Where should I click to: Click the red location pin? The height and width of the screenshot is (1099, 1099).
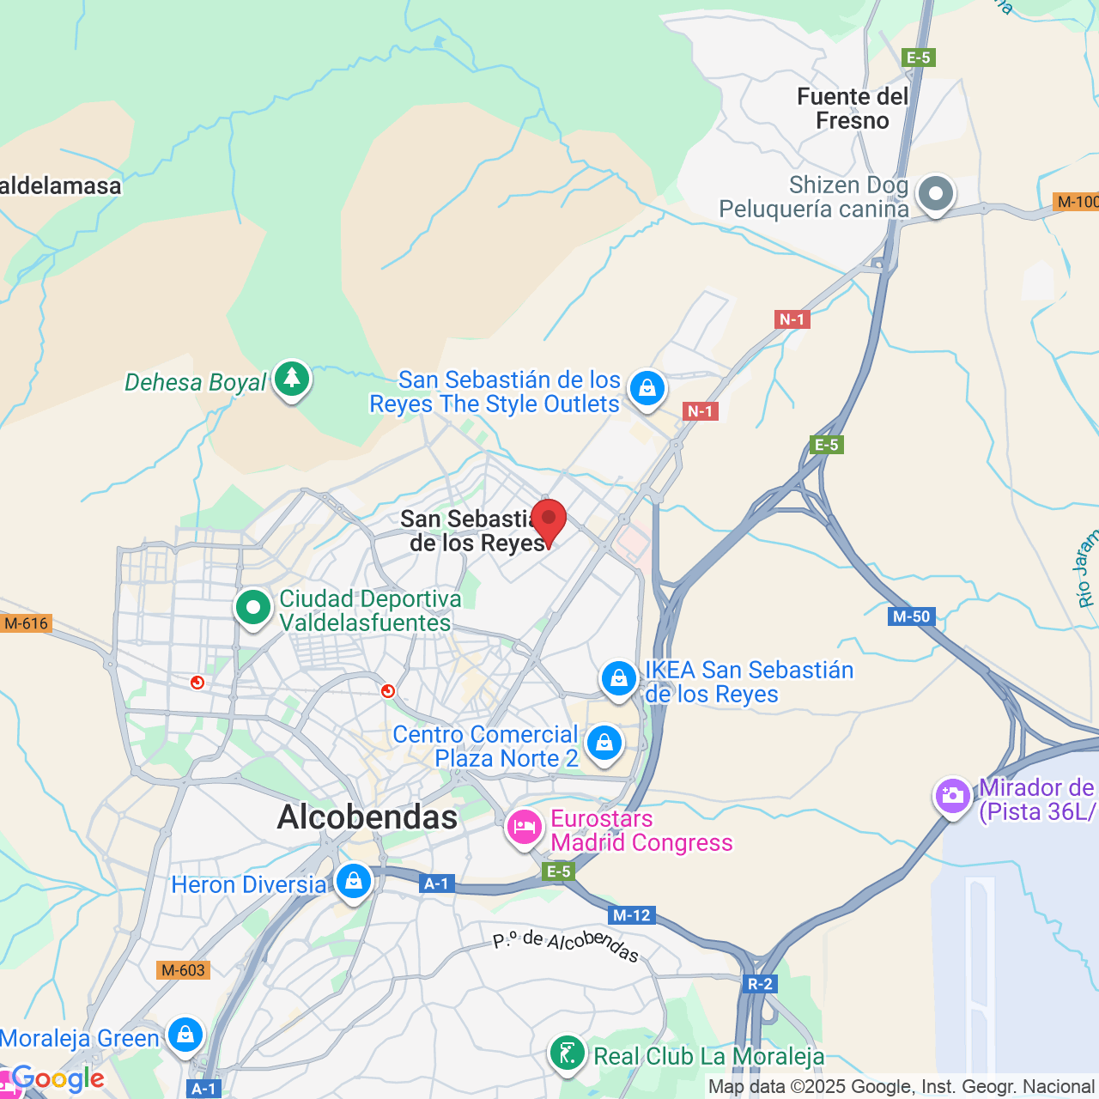click(549, 520)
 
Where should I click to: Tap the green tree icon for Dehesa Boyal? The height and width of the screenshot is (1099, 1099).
click(292, 379)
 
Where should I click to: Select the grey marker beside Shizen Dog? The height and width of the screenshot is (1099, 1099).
click(935, 194)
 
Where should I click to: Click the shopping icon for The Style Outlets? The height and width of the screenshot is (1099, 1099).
click(647, 389)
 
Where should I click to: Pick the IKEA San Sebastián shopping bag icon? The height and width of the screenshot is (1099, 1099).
click(618, 679)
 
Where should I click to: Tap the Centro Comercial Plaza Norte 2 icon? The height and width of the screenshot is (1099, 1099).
click(604, 743)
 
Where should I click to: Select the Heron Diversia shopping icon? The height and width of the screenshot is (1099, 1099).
click(353, 881)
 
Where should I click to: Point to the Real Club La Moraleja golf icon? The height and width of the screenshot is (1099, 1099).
click(567, 1053)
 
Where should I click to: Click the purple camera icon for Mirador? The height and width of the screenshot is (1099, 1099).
click(952, 796)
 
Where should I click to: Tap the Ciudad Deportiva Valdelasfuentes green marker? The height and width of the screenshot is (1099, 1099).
click(253, 608)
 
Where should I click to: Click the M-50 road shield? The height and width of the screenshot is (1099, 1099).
click(911, 616)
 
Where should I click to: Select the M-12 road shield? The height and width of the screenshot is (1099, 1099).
click(632, 915)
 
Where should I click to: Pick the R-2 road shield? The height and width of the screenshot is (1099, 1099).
click(760, 984)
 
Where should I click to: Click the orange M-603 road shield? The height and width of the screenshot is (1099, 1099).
click(184, 970)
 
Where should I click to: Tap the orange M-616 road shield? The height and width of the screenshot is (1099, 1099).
click(27, 623)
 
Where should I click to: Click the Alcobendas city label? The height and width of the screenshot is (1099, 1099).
click(367, 817)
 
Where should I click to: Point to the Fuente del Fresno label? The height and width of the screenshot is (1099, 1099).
click(852, 109)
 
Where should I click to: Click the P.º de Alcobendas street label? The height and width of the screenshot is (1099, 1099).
click(566, 944)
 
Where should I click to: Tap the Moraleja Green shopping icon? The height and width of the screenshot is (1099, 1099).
click(185, 1035)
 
